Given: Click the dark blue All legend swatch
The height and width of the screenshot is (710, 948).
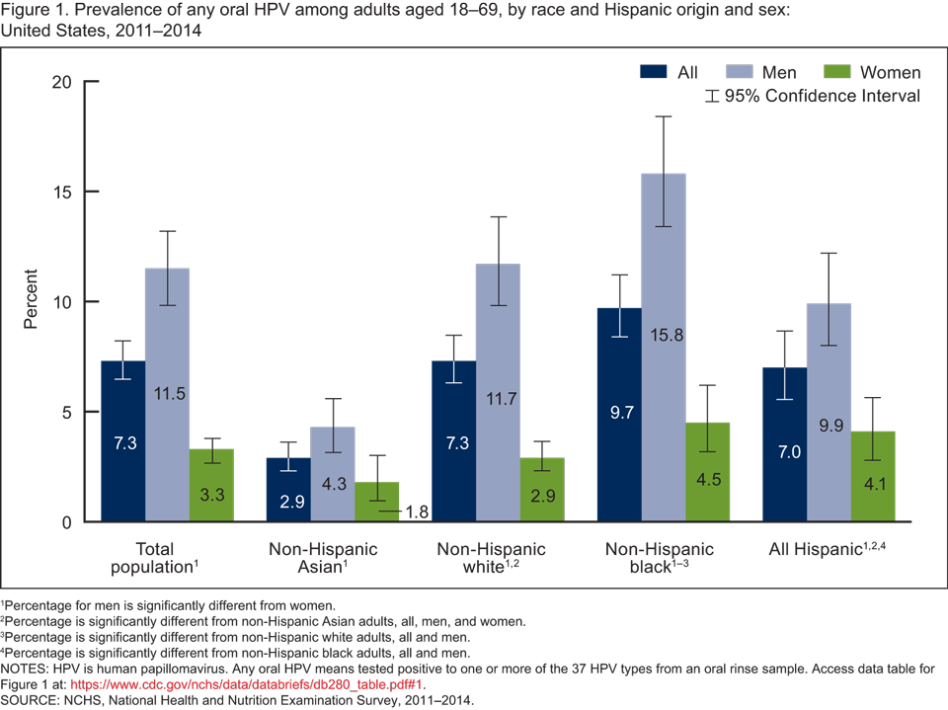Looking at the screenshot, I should click(655, 72).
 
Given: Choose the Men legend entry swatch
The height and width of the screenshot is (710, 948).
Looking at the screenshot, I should click(741, 72).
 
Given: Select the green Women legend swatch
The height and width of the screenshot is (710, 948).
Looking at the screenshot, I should click(835, 72).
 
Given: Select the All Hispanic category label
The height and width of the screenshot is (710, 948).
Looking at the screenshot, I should click(827, 550).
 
